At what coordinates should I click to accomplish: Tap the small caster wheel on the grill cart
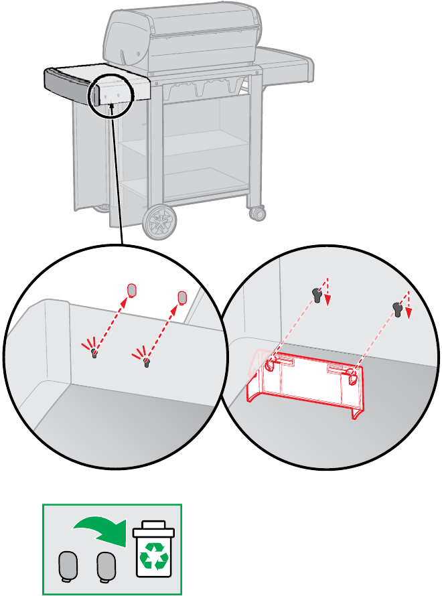(x=256, y=214)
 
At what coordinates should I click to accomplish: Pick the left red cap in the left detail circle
(x=132, y=290)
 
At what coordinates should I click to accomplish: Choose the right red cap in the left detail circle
(x=181, y=297)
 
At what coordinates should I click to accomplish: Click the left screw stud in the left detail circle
(x=94, y=353)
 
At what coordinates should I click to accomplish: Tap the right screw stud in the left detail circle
(x=146, y=362)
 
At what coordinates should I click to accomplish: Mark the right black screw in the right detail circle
(x=399, y=309)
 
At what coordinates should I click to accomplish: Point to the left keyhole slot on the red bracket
(x=269, y=365)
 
